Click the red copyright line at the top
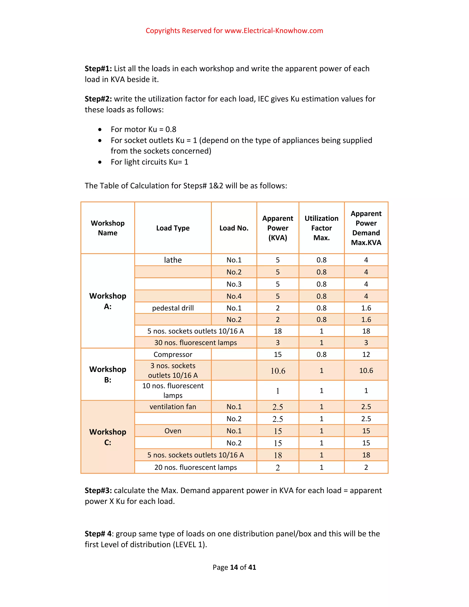(234, 30)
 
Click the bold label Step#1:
(98, 69)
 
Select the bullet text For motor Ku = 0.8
(143, 129)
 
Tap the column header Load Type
(173, 228)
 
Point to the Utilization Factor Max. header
(322, 228)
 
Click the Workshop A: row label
(108, 301)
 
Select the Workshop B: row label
(108, 374)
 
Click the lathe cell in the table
(173, 260)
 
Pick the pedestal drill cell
(173, 308)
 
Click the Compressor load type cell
(173, 354)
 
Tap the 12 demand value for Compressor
(366, 354)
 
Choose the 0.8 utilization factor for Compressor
(322, 354)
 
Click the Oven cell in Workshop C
(173, 431)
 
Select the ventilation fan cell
(173, 407)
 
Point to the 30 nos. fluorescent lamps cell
(196, 342)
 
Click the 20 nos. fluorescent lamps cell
(196, 467)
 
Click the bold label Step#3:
(98, 491)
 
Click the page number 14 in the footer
(234, 567)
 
